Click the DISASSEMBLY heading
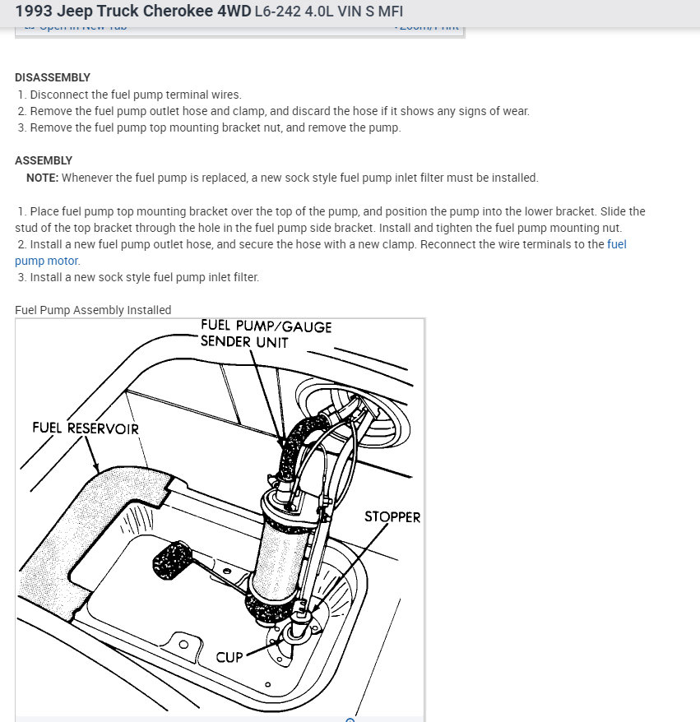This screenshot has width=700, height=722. tap(53, 77)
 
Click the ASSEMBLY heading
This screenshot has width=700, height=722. tap(44, 160)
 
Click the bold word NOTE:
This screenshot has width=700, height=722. tap(42, 178)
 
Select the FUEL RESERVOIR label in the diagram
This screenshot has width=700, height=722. tap(86, 428)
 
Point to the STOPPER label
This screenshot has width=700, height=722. tap(392, 517)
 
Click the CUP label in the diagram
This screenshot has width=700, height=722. tap(229, 657)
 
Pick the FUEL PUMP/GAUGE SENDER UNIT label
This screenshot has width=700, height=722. tap(266, 333)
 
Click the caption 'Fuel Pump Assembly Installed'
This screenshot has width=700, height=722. tap(93, 310)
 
